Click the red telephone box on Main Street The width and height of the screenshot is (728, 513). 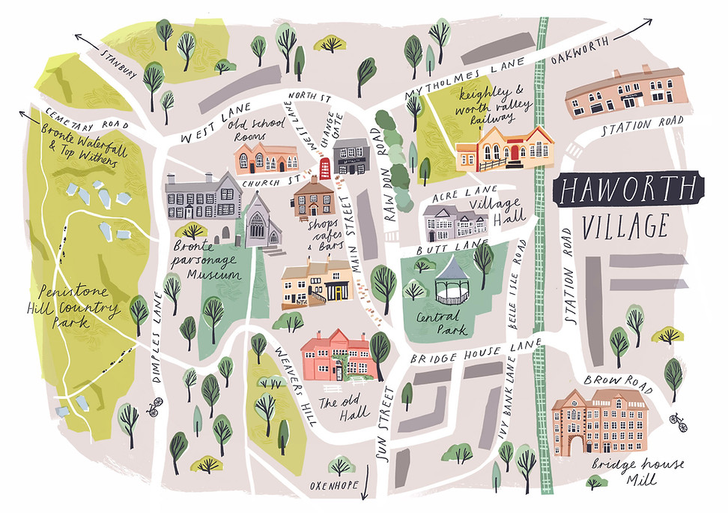(325, 167)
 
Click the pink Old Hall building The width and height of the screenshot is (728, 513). (336, 355)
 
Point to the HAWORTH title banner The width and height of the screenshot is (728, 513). (628, 190)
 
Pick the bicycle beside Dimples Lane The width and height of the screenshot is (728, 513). (154, 408)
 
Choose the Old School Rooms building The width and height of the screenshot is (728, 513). (265, 157)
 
